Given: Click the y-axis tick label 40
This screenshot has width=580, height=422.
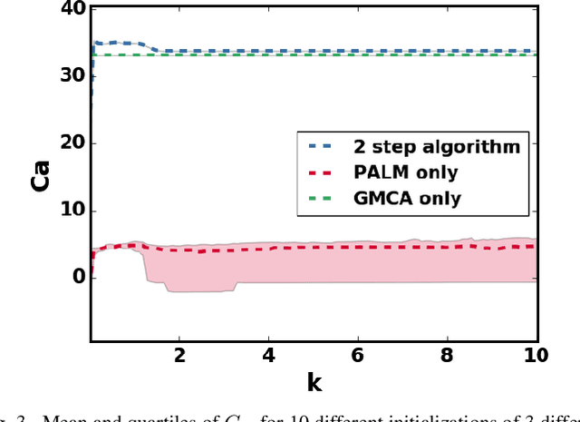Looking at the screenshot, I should point(72,9).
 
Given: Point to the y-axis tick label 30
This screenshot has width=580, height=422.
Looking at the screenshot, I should point(72,76).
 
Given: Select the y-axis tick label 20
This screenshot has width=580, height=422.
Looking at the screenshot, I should point(72,143).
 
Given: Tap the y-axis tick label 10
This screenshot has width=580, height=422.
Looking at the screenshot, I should point(72,211).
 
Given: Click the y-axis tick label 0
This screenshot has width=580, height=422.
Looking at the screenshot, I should point(78,278).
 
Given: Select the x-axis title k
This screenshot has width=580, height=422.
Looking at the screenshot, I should point(314,383).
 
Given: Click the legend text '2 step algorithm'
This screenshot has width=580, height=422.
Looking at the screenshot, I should point(449,145).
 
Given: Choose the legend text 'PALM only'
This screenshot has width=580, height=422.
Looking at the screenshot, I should point(418,172).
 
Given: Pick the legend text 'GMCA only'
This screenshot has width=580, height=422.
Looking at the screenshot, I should point(419,198).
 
